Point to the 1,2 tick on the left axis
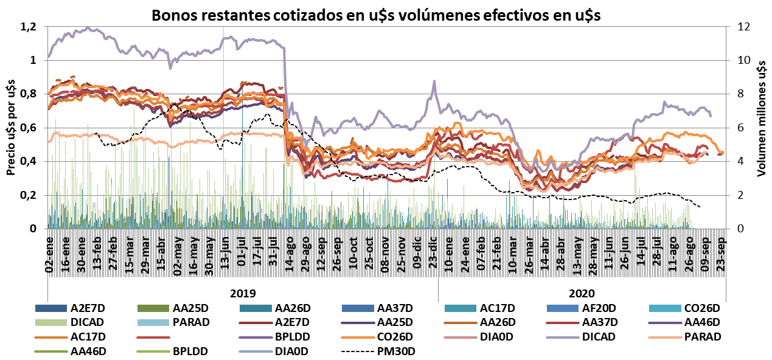point(29,27)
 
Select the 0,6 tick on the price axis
point(29,128)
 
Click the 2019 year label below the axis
point(242,292)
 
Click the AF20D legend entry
point(580,307)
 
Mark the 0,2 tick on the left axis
point(29,195)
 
